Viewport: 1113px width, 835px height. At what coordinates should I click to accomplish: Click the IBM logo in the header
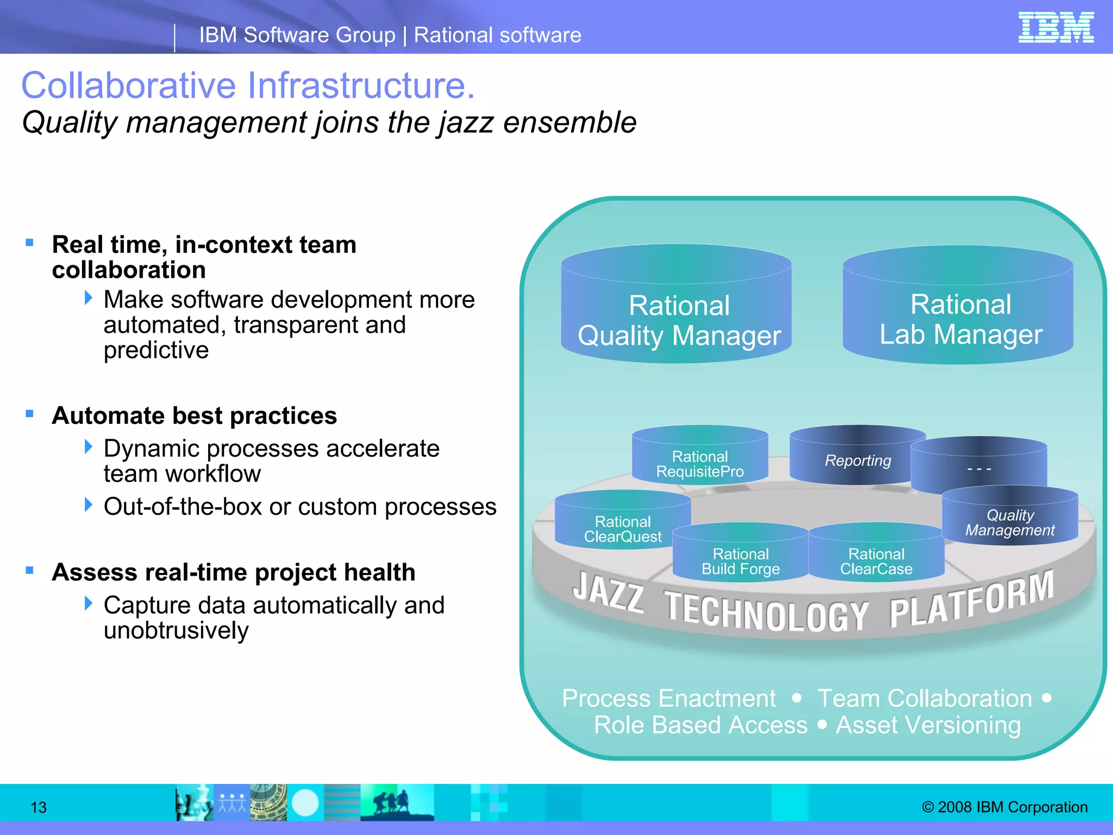coord(1055,27)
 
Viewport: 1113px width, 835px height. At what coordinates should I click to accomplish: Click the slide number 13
coord(39,807)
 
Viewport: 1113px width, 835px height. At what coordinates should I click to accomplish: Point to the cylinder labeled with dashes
coord(979,468)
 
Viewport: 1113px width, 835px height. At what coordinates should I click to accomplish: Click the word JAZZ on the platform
coord(608,593)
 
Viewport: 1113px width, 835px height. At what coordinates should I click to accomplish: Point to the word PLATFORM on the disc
coord(971,598)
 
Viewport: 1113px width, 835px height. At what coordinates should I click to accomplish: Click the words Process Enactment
coord(668,698)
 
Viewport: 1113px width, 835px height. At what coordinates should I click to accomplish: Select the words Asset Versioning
coord(928,725)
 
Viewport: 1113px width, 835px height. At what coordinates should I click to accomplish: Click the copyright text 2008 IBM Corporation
coord(1005,807)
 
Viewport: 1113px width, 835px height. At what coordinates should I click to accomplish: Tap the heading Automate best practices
coord(194,416)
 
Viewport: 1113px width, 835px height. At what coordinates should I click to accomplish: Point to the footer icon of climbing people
coord(396,802)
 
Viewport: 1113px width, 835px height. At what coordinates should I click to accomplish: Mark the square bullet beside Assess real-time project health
coord(29,570)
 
